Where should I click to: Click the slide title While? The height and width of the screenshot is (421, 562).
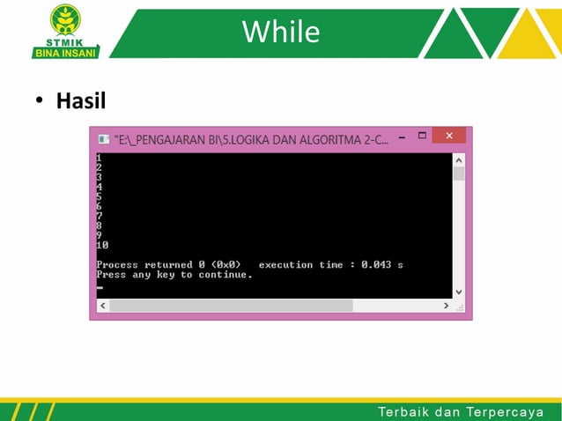click(281, 33)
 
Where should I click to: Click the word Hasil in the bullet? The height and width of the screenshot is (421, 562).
click(81, 101)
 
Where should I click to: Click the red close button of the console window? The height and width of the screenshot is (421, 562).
click(448, 137)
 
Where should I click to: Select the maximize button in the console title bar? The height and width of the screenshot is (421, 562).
click(422, 137)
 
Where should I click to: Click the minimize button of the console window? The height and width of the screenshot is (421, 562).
click(401, 137)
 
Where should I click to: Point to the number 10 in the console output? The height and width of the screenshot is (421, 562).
click(102, 245)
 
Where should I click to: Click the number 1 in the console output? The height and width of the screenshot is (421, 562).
click(99, 158)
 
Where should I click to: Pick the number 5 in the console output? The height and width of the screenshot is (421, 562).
click(99, 196)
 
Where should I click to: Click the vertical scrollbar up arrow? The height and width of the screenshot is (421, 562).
click(458, 160)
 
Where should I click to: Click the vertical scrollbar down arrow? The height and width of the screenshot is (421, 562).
click(458, 291)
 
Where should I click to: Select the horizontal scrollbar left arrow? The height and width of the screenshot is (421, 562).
click(102, 306)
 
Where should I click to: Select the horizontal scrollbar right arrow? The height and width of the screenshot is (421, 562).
click(446, 306)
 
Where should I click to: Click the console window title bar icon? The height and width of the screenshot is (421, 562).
click(104, 138)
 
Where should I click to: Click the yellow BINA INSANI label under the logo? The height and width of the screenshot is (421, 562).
click(66, 51)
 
